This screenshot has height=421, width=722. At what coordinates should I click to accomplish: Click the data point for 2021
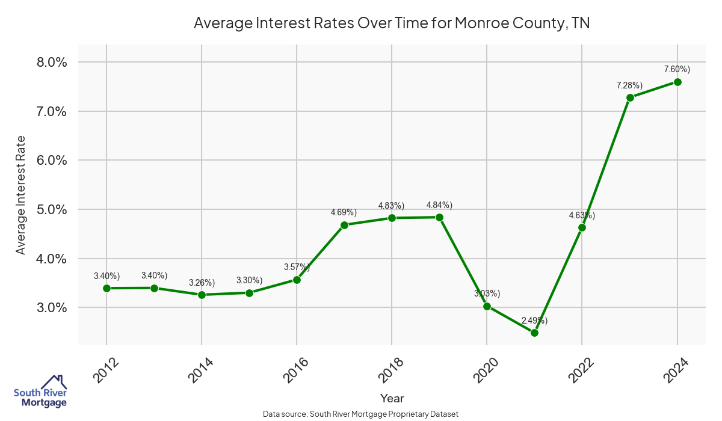tap(534, 333)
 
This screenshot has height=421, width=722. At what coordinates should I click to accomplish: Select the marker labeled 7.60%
tap(677, 82)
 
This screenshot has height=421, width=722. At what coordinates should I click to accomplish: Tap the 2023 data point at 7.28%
tap(630, 97)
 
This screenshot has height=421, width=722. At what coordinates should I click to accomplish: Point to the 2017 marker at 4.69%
tap(344, 225)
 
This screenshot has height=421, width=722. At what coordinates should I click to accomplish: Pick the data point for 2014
tap(202, 295)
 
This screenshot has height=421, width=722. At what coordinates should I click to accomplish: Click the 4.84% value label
tap(439, 205)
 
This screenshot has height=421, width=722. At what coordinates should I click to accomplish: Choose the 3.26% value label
tap(202, 283)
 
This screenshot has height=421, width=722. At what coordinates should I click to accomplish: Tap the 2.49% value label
tap(534, 321)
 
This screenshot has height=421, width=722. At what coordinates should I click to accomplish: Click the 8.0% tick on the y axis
tap(48, 63)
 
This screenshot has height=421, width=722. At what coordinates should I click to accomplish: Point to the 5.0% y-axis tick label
tap(48, 210)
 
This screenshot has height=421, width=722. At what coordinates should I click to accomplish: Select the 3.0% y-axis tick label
tap(48, 308)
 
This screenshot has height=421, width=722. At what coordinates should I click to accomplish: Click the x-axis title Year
tap(392, 398)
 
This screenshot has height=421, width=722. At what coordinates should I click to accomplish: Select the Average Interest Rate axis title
tap(21, 195)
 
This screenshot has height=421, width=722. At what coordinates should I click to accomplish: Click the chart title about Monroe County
tap(392, 23)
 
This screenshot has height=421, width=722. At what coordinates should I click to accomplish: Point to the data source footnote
tap(361, 414)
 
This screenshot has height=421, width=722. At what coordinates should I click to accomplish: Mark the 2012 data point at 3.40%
tap(106, 288)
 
